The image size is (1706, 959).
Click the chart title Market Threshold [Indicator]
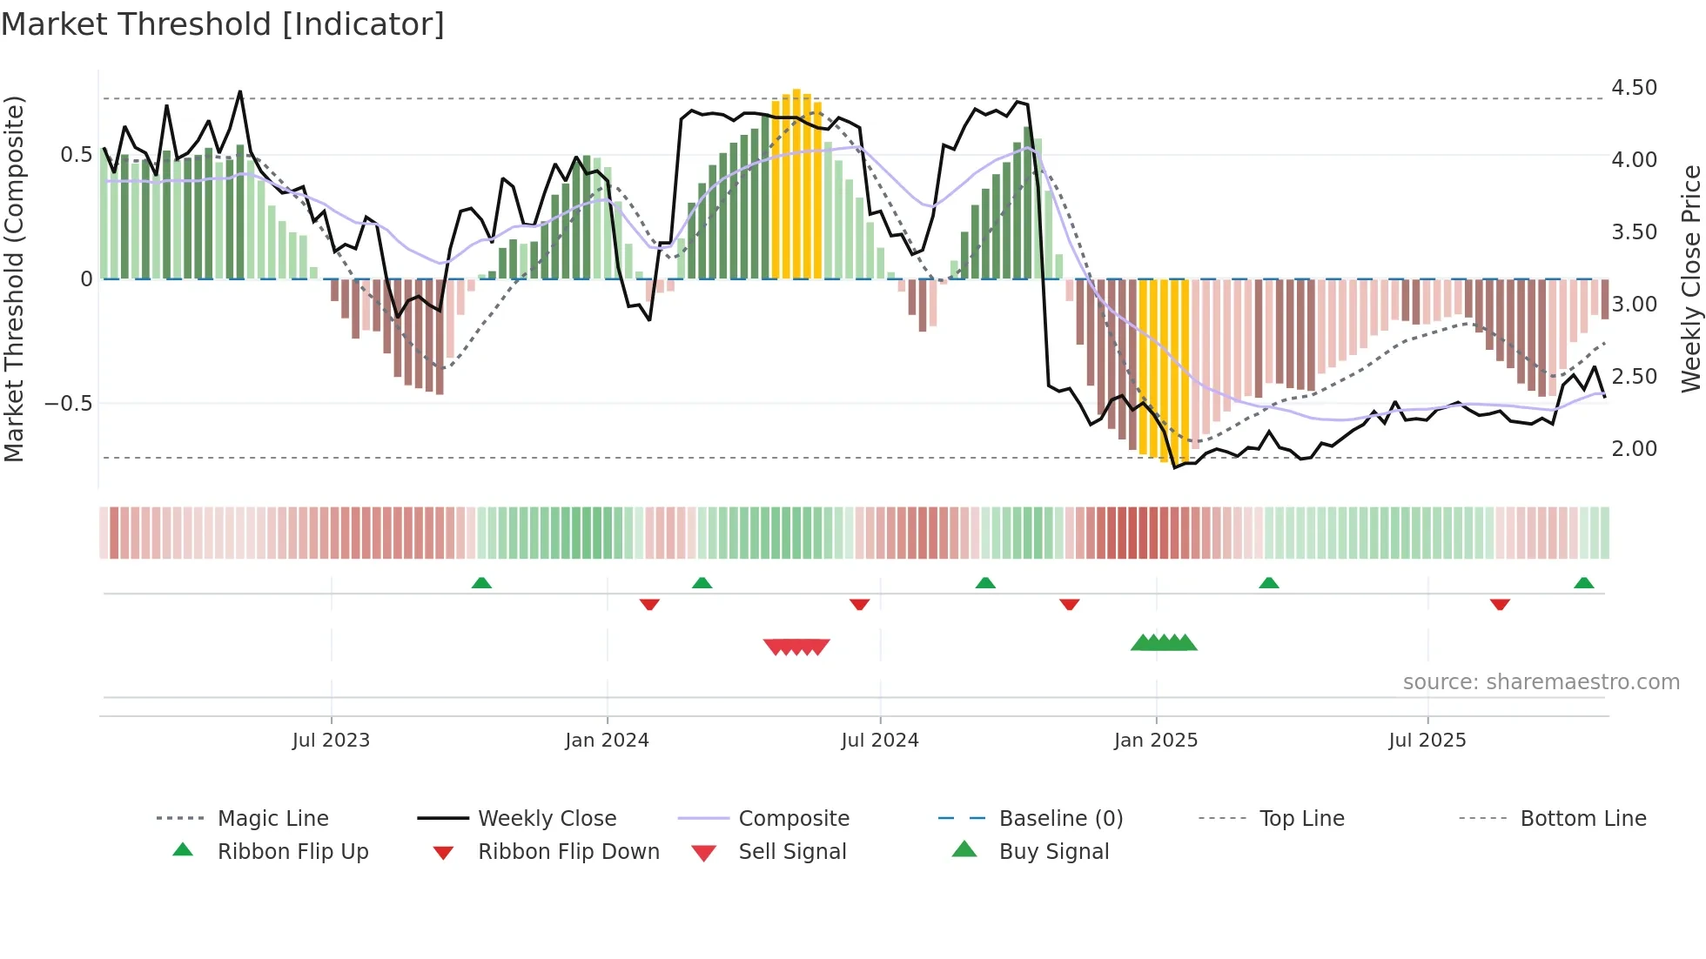click(x=223, y=24)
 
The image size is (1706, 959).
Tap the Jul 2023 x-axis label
click(x=331, y=741)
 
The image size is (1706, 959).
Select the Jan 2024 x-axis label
click(x=607, y=741)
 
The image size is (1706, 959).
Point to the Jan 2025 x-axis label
click(x=1156, y=741)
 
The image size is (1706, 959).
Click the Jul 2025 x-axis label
click(x=1427, y=741)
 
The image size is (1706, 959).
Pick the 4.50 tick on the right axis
click(x=1634, y=88)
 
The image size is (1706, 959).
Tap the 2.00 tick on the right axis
click(x=1634, y=449)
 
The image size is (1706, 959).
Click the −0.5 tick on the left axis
click(x=68, y=404)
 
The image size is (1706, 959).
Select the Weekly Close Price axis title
click(x=1690, y=278)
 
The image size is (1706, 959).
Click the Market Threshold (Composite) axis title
click(x=14, y=278)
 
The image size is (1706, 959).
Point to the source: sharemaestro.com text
click(x=1541, y=682)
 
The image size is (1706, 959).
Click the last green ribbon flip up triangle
click(x=1584, y=583)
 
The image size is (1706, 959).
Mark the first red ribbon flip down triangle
click(x=649, y=604)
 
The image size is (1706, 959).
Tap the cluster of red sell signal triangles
click(x=796, y=647)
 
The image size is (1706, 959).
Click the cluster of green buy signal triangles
click(x=1164, y=643)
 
